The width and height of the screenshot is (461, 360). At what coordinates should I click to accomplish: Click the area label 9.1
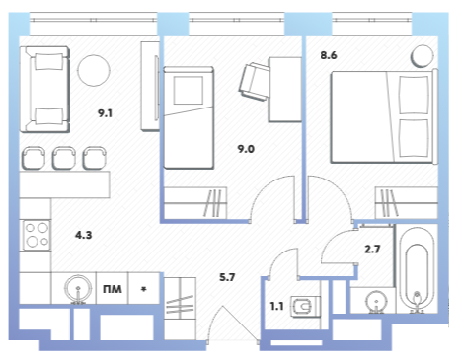tap(105, 113)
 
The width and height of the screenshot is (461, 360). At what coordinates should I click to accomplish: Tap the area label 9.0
tap(246, 149)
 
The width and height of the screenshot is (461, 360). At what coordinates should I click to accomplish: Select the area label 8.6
tap(329, 55)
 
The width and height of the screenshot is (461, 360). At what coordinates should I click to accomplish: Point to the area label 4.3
tap(84, 235)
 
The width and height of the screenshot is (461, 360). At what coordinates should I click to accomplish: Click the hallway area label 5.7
tap(227, 277)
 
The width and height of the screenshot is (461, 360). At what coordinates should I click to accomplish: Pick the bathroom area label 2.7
tap(372, 250)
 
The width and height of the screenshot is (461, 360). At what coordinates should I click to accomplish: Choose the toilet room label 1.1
tap(276, 307)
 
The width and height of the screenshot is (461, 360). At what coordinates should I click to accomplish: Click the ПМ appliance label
tap(113, 289)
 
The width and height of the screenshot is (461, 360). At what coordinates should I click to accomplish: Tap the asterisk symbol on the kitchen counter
tap(143, 289)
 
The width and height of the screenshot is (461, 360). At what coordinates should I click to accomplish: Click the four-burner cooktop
tap(37, 235)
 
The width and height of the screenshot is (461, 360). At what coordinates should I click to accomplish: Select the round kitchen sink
tap(78, 288)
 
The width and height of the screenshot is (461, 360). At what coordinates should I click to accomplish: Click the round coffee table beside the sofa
tap(94, 70)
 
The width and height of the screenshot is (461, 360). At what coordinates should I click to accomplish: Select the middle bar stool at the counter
tap(64, 158)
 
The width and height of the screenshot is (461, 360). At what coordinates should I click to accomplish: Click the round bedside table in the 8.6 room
tap(423, 56)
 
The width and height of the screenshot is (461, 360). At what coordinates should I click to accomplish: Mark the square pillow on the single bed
tap(189, 91)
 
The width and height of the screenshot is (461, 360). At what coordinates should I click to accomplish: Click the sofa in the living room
tap(44, 89)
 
